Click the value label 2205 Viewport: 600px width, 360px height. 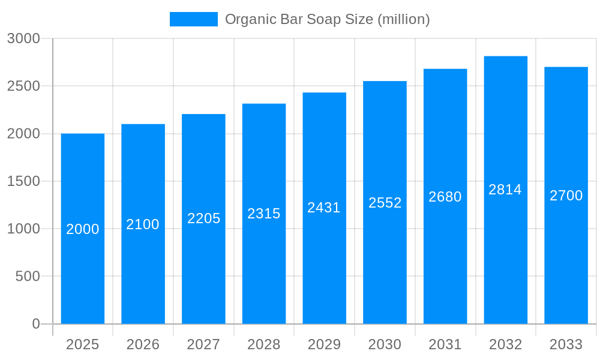[x=203, y=218]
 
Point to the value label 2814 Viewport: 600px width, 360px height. [x=505, y=190]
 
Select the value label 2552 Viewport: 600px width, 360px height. [x=385, y=203]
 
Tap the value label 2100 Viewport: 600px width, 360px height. [x=143, y=224]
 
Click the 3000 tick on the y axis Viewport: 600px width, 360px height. [x=23, y=38]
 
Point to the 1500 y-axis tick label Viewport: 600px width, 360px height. [x=23, y=181]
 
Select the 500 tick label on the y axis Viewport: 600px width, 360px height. [x=28, y=276]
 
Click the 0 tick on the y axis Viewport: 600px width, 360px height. [x=35, y=324]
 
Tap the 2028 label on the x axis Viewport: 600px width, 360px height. [x=264, y=344]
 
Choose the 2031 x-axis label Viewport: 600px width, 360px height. [x=445, y=344]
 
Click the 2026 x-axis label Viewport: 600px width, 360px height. [x=143, y=344]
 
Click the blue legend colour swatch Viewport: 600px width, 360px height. [x=193, y=19]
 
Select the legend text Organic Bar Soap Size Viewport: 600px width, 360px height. [x=299, y=19]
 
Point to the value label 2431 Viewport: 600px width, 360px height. [x=324, y=208]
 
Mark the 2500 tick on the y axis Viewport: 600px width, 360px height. [x=23, y=86]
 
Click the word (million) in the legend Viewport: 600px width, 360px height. [x=403, y=19]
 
